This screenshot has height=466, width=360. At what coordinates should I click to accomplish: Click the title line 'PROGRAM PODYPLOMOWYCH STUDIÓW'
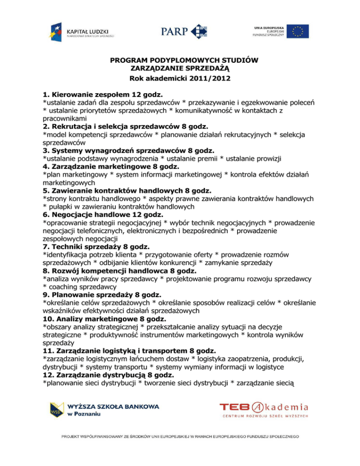[184, 60]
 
